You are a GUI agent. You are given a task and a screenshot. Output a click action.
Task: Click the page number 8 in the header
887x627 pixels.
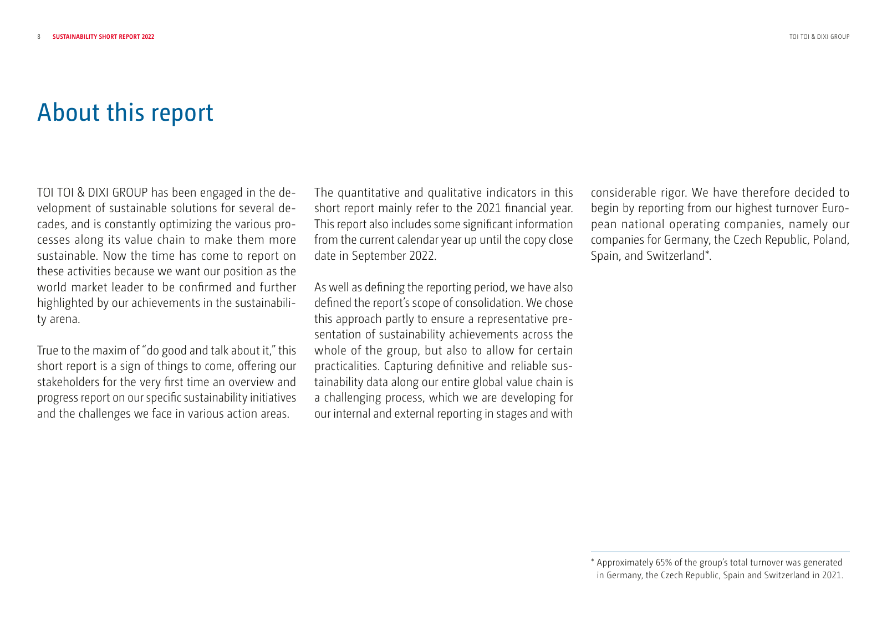coord(39,37)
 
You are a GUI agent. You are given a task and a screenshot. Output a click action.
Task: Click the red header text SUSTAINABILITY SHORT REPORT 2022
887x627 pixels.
coord(104,37)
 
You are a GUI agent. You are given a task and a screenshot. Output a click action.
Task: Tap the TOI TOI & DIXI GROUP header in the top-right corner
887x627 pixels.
coord(819,37)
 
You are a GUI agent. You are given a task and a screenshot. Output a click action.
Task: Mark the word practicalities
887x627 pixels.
coord(348,366)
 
